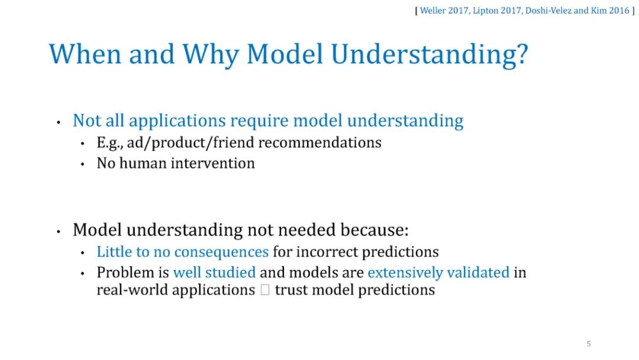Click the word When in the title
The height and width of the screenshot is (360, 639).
click(x=85, y=54)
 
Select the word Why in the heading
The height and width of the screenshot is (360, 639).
click(x=210, y=56)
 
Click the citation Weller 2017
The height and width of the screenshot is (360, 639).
click(x=444, y=11)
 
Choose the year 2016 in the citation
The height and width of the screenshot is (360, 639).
click(x=619, y=11)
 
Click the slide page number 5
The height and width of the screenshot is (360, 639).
click(x=589, y=343)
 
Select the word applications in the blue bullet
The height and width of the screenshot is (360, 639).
click(x=177, y=121)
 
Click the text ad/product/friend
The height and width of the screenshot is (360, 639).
click(x=191, y=143)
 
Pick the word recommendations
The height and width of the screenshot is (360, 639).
click(x=320, y=142)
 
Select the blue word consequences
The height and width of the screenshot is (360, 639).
click(x=221, y=252)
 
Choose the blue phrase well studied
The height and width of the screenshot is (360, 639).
click(x=214, y=272)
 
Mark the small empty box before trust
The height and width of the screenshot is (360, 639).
click(x=265, y=290)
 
